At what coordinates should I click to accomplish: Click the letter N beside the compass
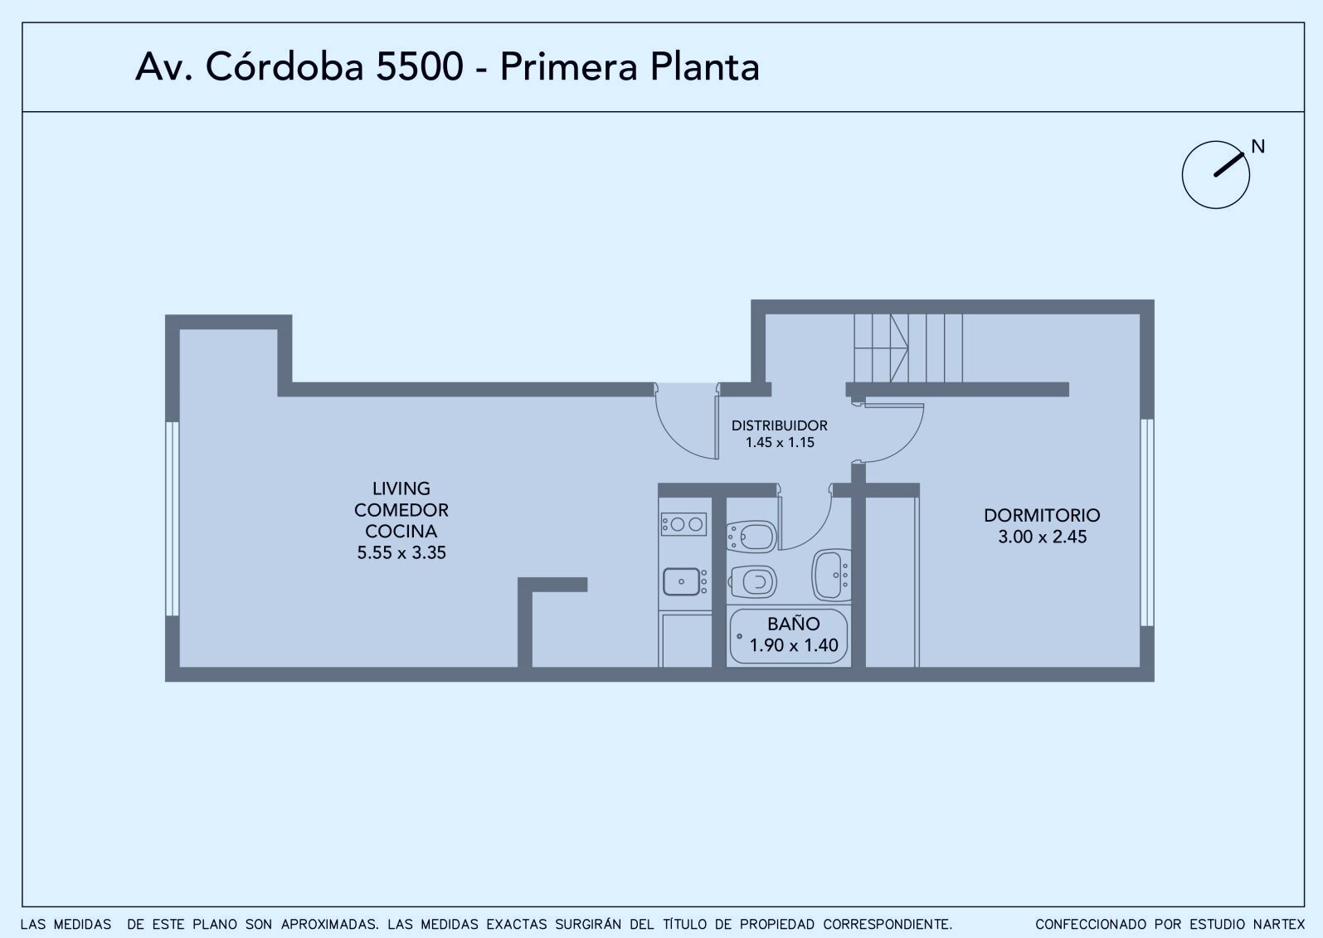1257,147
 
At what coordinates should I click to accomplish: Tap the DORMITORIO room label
1042,515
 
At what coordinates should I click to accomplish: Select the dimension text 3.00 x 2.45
1042,537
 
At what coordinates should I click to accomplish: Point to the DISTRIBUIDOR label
780,425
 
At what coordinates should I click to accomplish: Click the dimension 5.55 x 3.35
401,553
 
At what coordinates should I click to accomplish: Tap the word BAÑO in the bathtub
793,623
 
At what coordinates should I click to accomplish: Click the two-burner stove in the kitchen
684,524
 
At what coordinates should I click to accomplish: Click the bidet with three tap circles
751,537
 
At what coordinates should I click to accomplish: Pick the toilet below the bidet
753,583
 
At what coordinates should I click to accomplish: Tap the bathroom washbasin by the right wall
832,575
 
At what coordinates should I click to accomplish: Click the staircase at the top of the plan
908,347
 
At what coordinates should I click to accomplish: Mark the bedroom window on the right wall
1147,522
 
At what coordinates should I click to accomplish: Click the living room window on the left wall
172,518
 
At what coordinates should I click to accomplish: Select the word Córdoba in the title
284,66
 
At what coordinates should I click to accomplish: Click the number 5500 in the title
420,67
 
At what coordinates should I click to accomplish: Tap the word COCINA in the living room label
401,531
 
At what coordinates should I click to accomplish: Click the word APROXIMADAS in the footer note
330,925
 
